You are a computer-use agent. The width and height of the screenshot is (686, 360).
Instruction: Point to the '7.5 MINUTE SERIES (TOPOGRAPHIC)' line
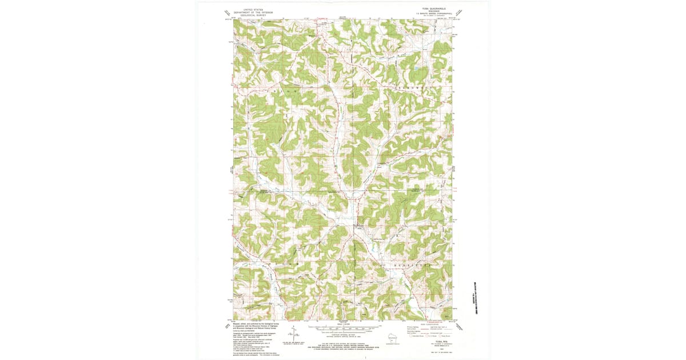[x=430, y=15]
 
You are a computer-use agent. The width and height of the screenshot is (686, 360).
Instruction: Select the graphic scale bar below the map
[x=343, y=329]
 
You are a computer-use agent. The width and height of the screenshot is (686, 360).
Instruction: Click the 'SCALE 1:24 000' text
[x=343, y=325]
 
